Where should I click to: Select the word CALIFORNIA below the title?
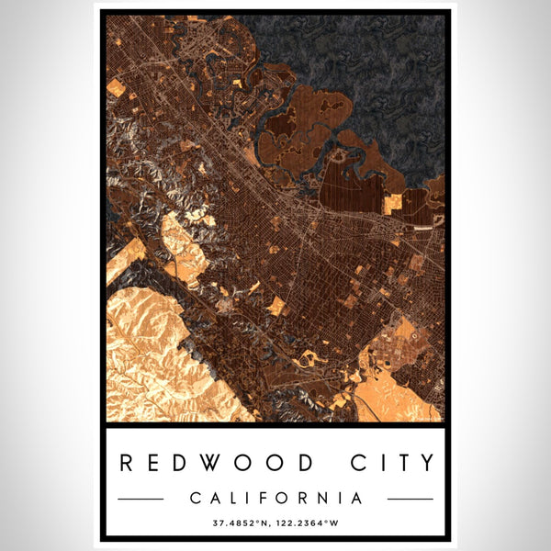coord(275,499)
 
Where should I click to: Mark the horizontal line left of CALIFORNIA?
coord(141,499)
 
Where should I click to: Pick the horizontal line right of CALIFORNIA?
coord(410,499)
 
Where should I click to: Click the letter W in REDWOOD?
coord(220,463)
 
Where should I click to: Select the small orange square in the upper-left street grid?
coord(116,87)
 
